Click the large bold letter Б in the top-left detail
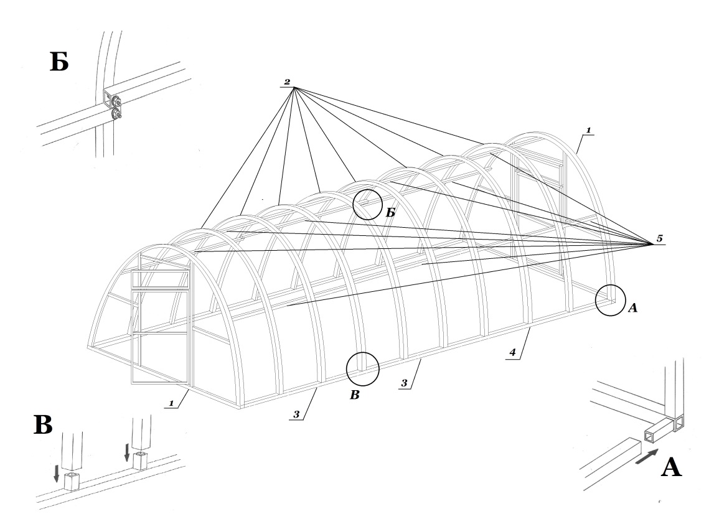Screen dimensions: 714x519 pyautogui.click(x=59, y=62)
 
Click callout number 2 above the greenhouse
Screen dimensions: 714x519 pyautogui.click(x=287, y=82)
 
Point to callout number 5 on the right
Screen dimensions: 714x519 pyautogui.click(x=660, y=238)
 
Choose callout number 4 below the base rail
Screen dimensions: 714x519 pyautogui.click(x=512, y=352)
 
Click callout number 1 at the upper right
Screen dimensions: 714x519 pyautogui.click(x=588, y=130)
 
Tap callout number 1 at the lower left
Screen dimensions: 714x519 pyautogui.click(x=171, y=403)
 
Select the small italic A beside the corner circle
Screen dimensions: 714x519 pyautogui.click(x=632, y=309)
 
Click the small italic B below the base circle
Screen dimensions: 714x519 pyautogui.click(x=355, y=395)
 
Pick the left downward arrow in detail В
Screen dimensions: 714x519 pyautogui.click(x=57, y=472)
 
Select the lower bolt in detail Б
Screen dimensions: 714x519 pyautogui.click(x=116, y=114)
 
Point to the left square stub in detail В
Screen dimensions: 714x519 pyautogui.click(x=72, y=482)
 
